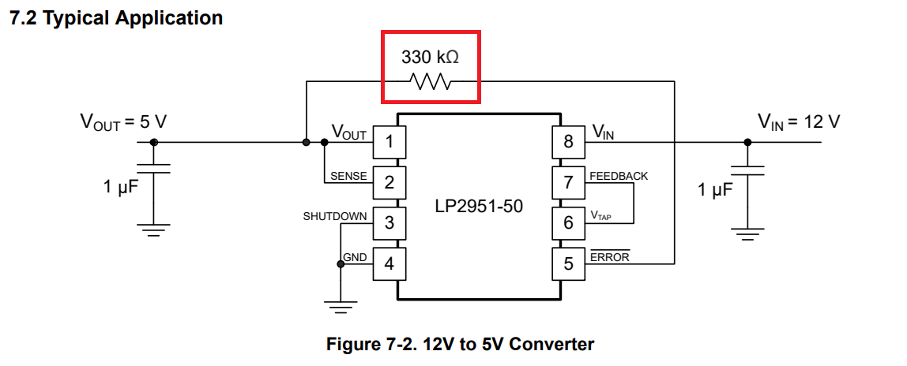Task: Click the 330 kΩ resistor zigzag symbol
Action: [430, 81]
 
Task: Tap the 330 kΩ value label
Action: [431, 58]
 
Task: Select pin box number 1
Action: [390, 141]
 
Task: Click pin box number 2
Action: [390, 182]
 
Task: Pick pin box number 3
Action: [390, 222]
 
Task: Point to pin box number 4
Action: [390, 263]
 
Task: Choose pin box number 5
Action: [569, 263]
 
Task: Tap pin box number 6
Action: [569, 222]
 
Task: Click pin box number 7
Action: [569, 182]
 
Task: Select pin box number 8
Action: [569, 141]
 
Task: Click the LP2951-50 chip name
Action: [479, 206]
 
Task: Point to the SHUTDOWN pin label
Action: [335, 216]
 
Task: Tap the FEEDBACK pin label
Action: [619, 176]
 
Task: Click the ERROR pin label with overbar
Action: [610, 257]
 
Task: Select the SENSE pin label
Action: [348, 176]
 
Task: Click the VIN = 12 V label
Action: [799, 122]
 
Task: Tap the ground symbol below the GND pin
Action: [341, 307]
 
